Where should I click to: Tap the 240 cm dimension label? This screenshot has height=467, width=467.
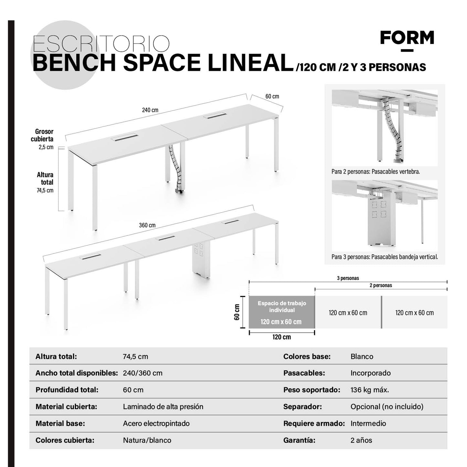coord(150,110)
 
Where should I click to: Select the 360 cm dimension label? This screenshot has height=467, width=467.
coord(147,225)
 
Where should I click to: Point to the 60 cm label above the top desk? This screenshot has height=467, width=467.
coord(272,96)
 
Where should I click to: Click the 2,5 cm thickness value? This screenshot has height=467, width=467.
coord(46,147)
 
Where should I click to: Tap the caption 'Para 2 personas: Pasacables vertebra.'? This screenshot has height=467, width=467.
coord(376,172)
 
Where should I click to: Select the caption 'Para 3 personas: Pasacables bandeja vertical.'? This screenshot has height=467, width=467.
coord(385,257)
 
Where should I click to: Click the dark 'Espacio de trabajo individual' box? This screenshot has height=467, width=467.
coord(281,312)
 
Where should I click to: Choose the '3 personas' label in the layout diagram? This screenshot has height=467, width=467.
coord(348,278)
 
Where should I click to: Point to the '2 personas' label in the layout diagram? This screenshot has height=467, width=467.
coord(381,285)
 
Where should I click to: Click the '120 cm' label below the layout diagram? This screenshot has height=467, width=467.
coord(281,337)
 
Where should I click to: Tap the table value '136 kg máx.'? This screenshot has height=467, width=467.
coord(370,390)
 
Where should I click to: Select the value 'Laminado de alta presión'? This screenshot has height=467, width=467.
coord(163,407)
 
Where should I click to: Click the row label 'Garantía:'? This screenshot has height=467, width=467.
coord(299,440)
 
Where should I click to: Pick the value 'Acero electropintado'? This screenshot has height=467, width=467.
coord(156,423)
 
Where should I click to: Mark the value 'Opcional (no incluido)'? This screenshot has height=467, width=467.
coord(387,407)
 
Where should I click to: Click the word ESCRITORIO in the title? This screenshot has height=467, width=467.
coord(101,44)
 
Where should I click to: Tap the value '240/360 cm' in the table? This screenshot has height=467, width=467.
coord(143,373)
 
